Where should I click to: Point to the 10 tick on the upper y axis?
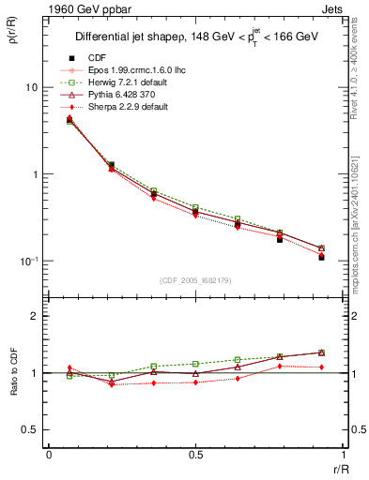pyautogui.click(x=31, y=87)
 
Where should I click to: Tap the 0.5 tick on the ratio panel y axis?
pyautogui.click(x=30, y=429)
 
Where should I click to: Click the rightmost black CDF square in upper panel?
pyautogui.click(x=321, y=257)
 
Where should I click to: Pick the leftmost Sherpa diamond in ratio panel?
pyautogui.click(x=69, y=368)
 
